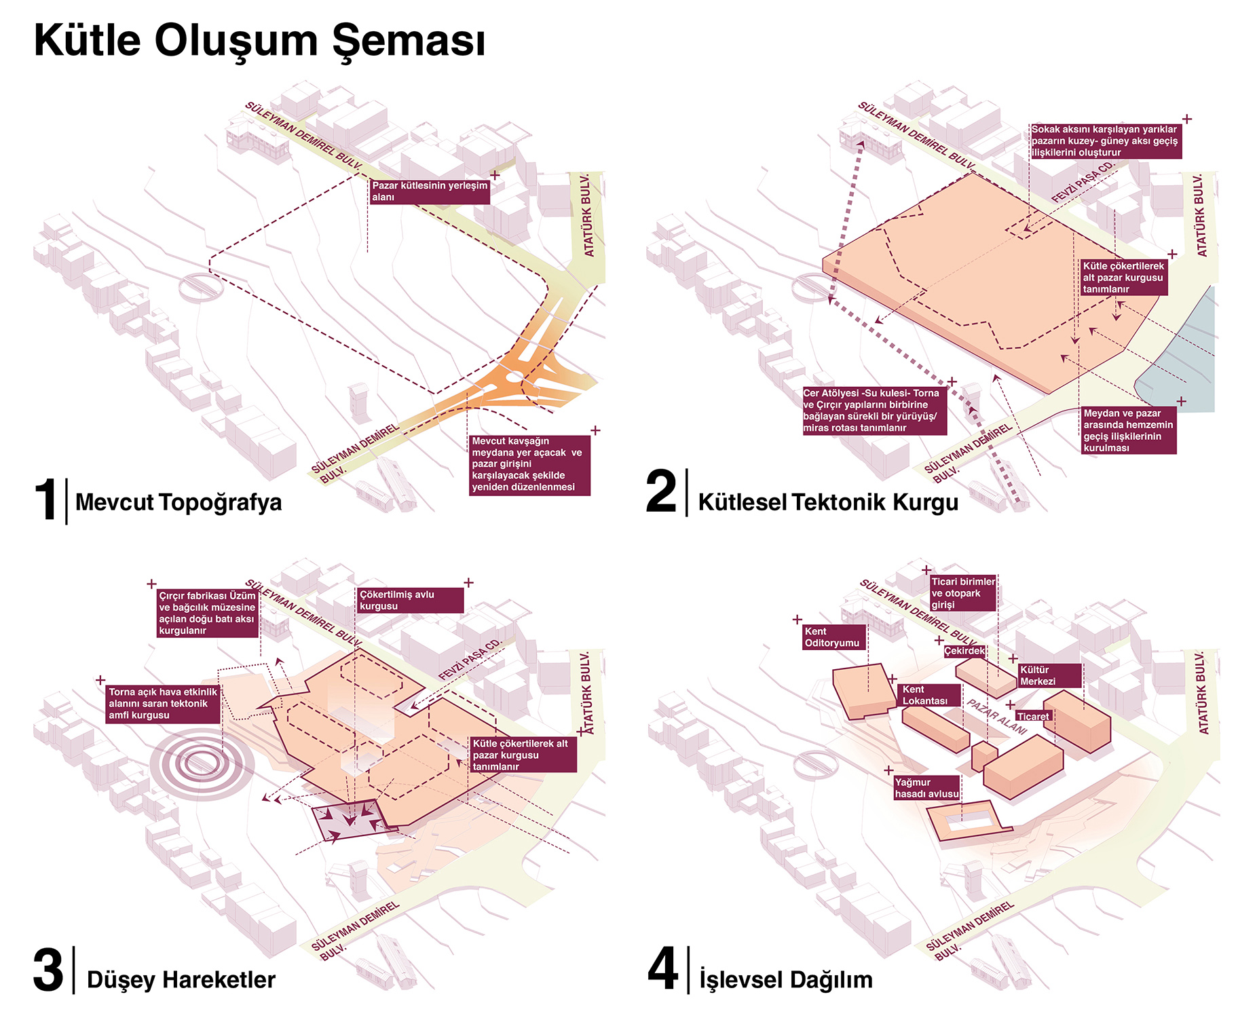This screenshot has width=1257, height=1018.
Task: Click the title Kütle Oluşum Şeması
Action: click(259, 41)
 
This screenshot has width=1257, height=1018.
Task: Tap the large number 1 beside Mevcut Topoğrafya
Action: click(46, 500)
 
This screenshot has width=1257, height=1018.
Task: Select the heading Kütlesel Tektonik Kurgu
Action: click(828, 502)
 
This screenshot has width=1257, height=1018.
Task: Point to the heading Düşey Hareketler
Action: click(181, 980)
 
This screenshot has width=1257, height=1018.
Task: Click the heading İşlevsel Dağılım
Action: click(786, 980)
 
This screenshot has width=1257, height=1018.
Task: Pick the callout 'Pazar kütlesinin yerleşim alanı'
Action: click(430, 191)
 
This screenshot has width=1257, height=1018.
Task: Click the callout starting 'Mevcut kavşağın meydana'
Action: click(529, 464)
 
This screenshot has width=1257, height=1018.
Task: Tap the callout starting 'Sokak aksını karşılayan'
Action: click(1106, 141)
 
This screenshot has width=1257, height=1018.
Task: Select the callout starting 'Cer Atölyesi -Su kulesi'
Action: click(874, 411)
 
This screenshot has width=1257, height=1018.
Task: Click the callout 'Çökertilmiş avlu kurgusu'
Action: click(411, 601)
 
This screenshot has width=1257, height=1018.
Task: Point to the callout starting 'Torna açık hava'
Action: click(163, 704)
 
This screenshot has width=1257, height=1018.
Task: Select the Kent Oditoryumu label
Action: click(833, 637)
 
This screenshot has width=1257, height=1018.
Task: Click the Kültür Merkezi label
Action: click(1049, 676)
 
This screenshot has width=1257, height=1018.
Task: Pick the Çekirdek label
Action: click(964, 651)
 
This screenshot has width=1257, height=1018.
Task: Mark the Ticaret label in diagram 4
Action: click(1033, 717)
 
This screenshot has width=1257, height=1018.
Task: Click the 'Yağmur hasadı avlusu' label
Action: click(926, 788)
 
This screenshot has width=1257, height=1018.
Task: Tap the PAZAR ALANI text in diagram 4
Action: click(997, 717)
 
